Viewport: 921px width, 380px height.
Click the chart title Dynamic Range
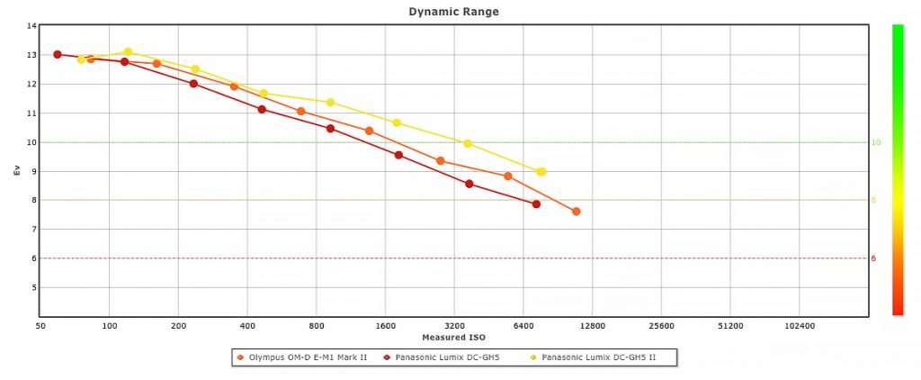pyautogui.click(x=453, y=12)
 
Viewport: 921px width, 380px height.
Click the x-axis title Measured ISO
pyautogui.click(x=453, y=338)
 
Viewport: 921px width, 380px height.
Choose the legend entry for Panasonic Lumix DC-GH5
pyautogui.click(x=441, y=357)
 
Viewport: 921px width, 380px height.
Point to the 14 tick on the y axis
pyautogui.click(x=31, y=26)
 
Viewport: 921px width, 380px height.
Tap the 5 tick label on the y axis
pyautogui.click(x=33, y=287)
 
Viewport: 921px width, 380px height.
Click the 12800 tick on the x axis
pyautogui.click(x=592, y=326)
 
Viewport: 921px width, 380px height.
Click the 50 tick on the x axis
pyautogui.click(x=40, y=326)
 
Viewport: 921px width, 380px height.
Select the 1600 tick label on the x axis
pyautogui.click(x=385, y=326)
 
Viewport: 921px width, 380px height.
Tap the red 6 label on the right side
pyautogui.click(x=872, y=258)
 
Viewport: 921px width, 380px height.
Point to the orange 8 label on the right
pyautogui.click(x=872, y=200)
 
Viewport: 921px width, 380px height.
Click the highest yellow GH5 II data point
pyautogui.click(x=128, y=52)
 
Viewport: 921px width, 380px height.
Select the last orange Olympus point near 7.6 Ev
pyautogui.click(x=576, y=212)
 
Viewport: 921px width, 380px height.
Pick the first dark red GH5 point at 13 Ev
pyautogui.click(x=58, y=54)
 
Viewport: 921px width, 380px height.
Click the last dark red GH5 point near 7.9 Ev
pyautogui.click(x=536, y=204)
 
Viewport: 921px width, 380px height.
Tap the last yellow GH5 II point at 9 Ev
pyautogui.click(x=541, y=171)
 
